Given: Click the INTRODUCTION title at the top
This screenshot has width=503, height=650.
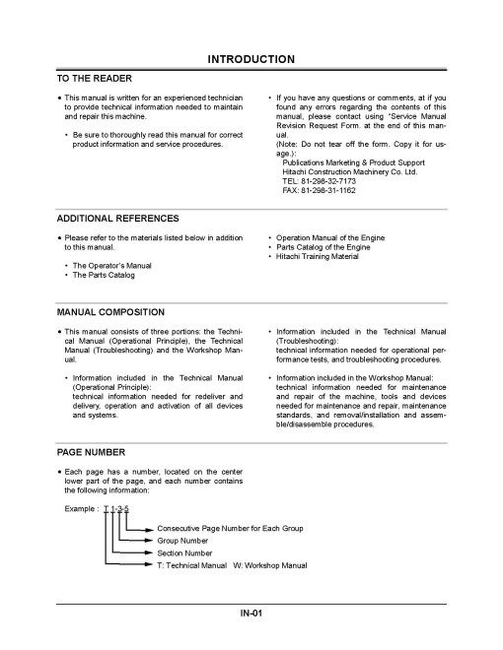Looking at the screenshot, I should coord(251,60).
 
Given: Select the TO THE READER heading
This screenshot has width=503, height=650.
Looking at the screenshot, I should coord(96,78).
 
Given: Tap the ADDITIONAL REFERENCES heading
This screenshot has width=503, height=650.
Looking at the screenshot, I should coord(118,218).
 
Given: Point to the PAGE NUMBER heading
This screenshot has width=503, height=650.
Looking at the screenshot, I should coord(91,452).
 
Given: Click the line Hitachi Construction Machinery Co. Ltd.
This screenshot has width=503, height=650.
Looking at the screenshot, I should coord(349,171).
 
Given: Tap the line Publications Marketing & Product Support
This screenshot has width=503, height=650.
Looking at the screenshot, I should coord(351,162).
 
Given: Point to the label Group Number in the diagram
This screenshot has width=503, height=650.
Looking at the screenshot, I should coord(184,541).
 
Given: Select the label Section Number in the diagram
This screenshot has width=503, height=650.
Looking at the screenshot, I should coord(186,552).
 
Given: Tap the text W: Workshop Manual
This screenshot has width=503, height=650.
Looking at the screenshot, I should coord(270,565).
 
